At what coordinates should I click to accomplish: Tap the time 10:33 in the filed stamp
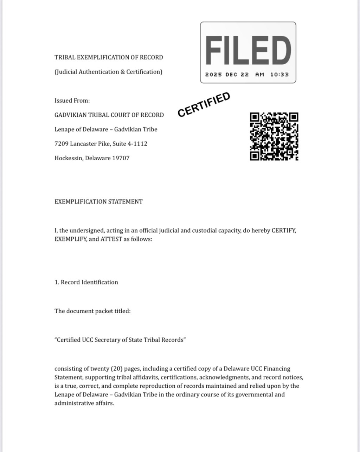point(279,75)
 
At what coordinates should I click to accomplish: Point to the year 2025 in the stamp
point(213,75)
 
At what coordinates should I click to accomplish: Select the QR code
point(274,136)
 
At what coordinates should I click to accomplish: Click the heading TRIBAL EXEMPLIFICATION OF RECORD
point(109,57)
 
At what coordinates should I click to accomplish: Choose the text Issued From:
point(72,101)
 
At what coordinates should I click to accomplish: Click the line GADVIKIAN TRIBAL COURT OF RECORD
point(109,115)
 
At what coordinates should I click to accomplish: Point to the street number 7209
point(61,144)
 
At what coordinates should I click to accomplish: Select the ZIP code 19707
point(121,158)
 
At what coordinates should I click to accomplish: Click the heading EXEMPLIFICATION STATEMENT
point(98,202)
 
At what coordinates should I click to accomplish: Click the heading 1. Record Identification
point(86,282)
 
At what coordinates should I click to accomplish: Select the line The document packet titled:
point(92,311)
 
